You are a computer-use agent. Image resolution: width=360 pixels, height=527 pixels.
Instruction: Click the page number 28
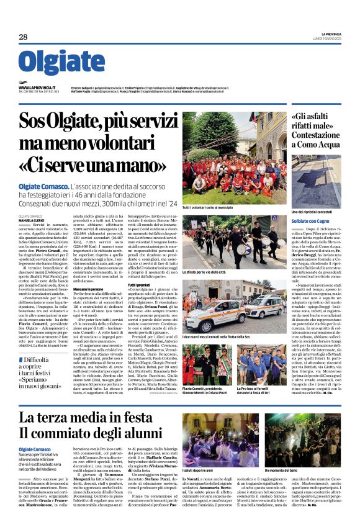coord(23,37)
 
